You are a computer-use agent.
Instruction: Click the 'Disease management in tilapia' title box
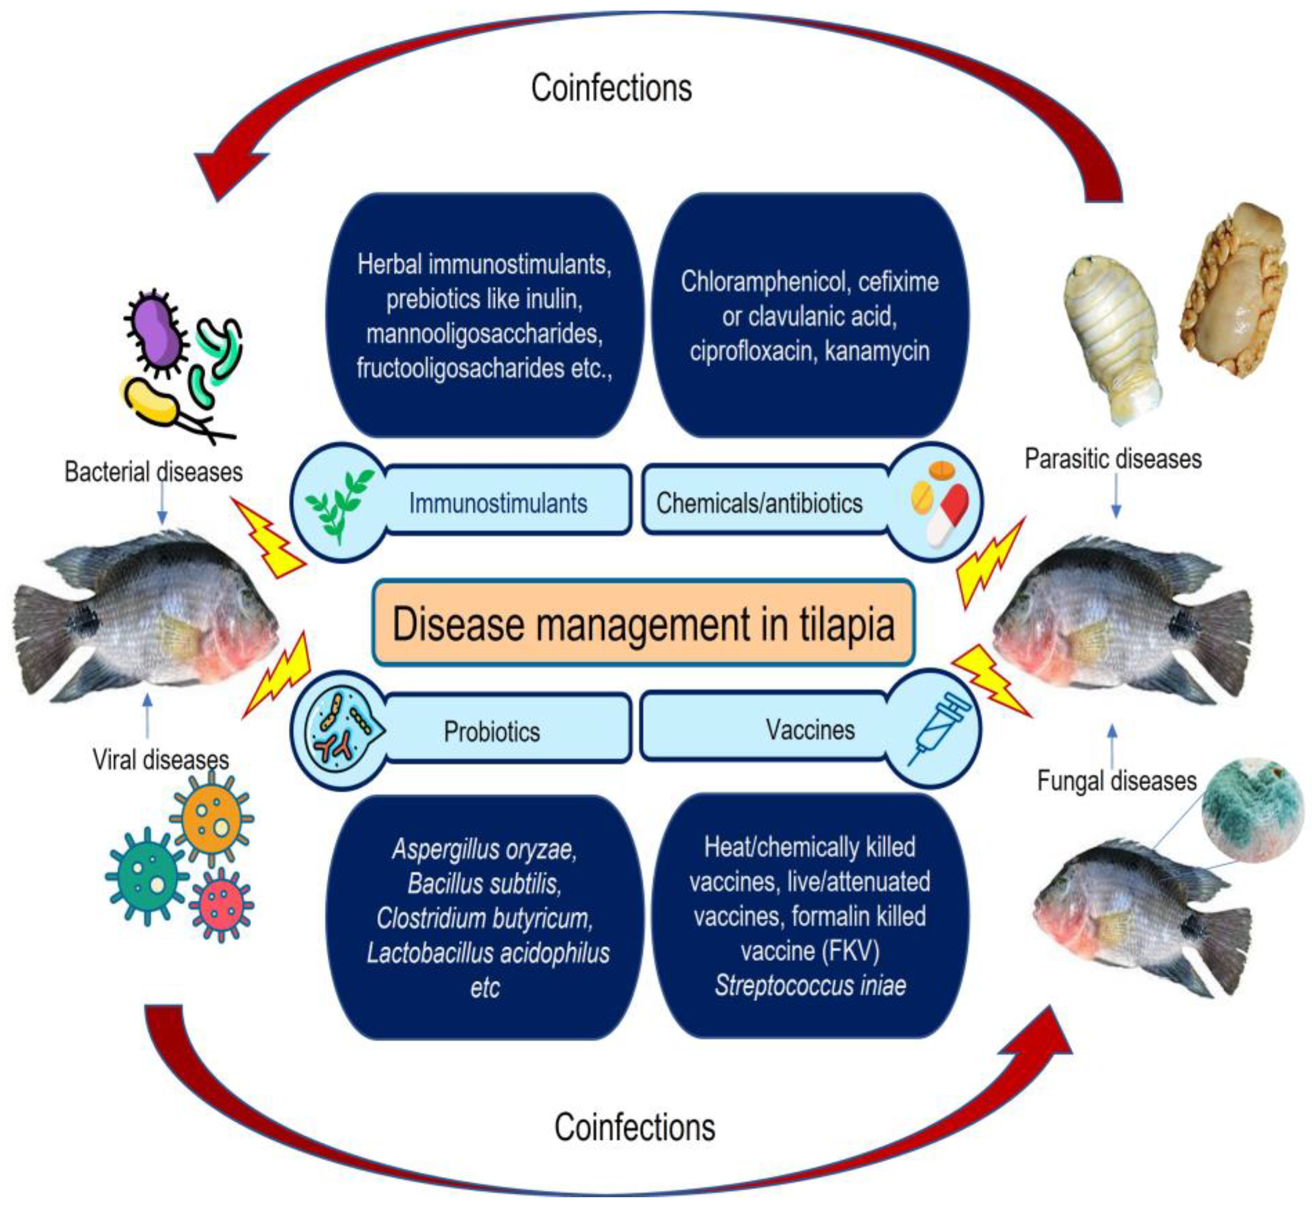click(x=644, y=622)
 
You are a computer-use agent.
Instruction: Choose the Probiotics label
click(x=492, y=732)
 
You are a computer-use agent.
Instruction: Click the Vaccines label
click(x=810, y=729)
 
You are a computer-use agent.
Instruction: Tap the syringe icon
click(x=940, y=729)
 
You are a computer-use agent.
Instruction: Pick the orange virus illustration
click(x=211, y=818)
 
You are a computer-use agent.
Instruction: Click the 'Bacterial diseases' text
click(x=153, y=471)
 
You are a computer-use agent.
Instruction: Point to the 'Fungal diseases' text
click(x=1117, y=781)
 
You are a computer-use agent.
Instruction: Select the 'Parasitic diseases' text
click(x=1113, y=458)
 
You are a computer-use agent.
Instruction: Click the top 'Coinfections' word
click(x=612, y=87)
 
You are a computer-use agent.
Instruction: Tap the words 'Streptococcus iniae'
click(x=810, y=985)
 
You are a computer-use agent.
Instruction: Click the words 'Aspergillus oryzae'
click(x=484, y=849)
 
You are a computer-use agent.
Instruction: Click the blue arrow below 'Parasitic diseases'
click(x=1116, y=496)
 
